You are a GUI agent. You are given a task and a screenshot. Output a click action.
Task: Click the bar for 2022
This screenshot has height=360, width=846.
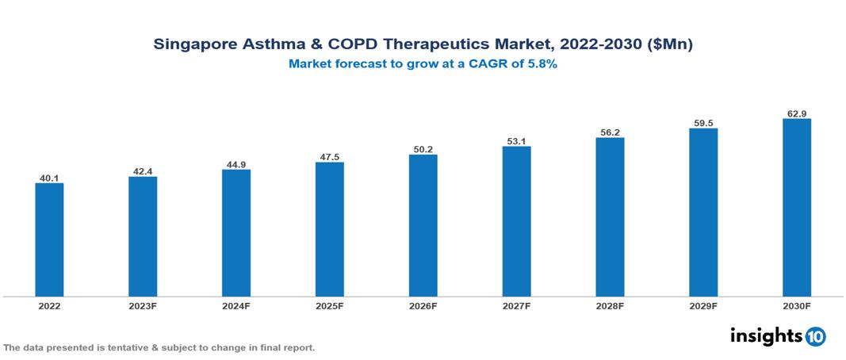click(x=49, y=240)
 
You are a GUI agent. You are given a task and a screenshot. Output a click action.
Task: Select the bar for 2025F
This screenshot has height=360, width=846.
click(x=329, y=230)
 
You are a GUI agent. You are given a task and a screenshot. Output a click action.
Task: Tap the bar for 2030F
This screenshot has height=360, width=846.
click(x=796, y=208)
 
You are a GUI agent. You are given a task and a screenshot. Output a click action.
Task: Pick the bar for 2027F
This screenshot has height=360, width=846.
click(x=516, y=222)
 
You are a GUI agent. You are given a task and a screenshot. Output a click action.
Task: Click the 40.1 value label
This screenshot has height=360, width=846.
click(x=49, y=178)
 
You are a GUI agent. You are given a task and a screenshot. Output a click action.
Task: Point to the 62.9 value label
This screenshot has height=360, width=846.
click(x=796, y=113)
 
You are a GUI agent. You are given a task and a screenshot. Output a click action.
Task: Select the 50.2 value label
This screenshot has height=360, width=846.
click(x=423, y=148)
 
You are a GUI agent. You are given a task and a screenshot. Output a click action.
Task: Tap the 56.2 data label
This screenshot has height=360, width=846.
click(x=610, y=132)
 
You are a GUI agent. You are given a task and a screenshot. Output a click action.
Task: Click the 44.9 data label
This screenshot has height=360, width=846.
click(x=236, y=164)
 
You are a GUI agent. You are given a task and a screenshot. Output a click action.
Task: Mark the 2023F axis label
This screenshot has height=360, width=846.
click(x=143, y=305)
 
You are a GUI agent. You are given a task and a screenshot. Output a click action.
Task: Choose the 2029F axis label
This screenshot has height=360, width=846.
click(x=703, y=305)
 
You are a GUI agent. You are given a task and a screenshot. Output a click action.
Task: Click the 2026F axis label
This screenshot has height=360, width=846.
click(x=423, y=305)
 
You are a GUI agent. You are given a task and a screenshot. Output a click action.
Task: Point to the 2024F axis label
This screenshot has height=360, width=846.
click(x=236, y=305)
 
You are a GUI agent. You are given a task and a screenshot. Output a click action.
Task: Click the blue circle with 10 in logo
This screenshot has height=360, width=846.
click(x=815, y=336)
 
